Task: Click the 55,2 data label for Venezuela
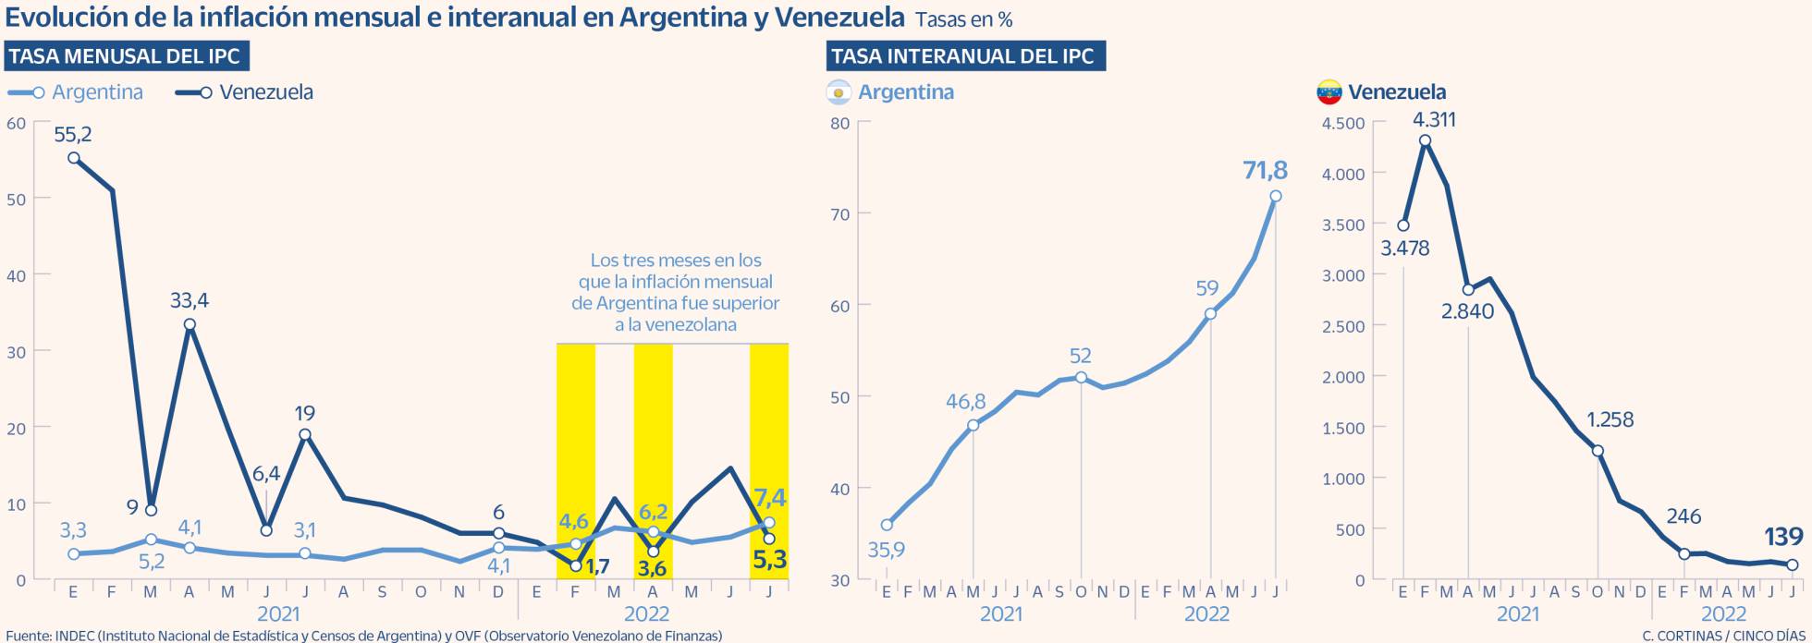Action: coord(73,135)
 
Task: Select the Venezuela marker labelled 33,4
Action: coord(190,324)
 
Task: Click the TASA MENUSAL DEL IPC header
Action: coord(125,56)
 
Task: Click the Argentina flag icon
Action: coord(839,92)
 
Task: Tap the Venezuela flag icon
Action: coord(1328,92)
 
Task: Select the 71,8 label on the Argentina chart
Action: coord(1266,171)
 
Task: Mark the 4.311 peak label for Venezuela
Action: coord(1434,120)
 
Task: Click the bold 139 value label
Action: coord(1783,537)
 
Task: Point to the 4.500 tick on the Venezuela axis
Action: coord(1342,123)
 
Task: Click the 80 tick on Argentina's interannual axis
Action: coord(839,123)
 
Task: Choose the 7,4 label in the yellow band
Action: coord(770,498)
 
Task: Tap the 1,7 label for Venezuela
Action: coord(597,565)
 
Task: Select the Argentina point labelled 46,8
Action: coord(973,426)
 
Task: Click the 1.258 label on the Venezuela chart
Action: coord(1610,420)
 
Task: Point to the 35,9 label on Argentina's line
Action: coord(886,551)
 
